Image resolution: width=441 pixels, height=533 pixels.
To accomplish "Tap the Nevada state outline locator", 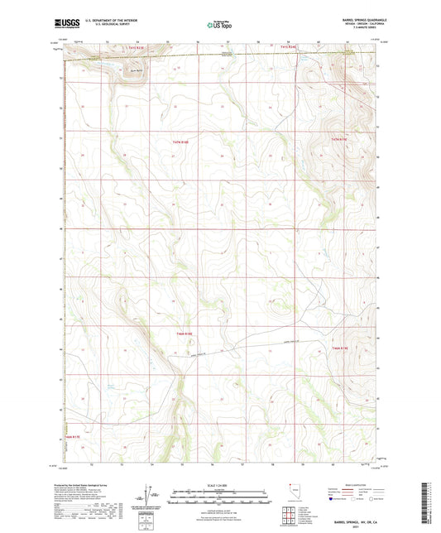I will [x=288, y=490].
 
